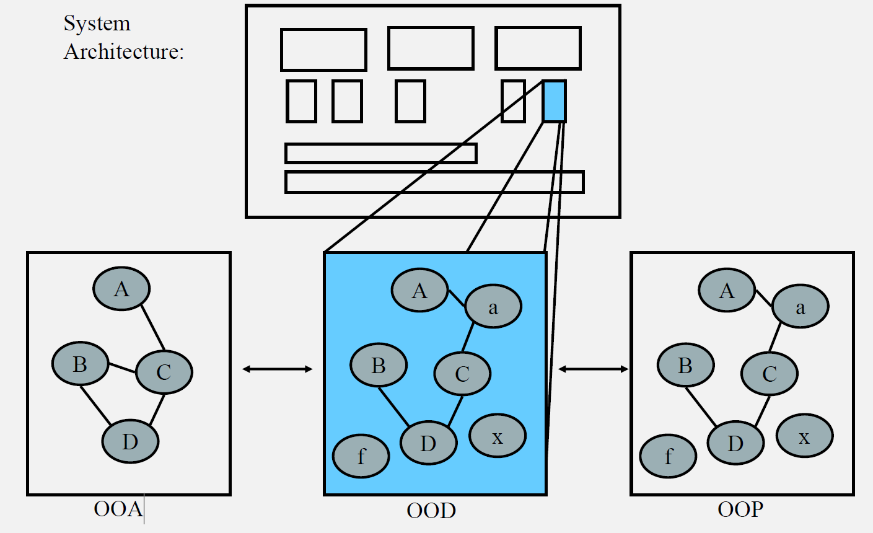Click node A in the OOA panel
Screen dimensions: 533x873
coord(121,289)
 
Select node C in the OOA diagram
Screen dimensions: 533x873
coord(164,372)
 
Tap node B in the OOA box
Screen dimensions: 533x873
coord(80,364)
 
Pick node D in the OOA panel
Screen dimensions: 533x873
coord(130,442)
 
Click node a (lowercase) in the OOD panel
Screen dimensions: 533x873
coord(493,307)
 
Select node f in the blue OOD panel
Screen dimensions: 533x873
coord(361,456)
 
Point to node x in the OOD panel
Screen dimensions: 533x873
coord(498,436)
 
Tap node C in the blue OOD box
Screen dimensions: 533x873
coord(462,374)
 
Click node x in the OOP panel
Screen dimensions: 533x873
coord(804,436)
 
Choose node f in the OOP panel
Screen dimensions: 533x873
coord(668,456)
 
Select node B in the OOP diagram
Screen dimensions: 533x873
coord(685,366)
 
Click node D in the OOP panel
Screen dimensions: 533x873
coord(735,443)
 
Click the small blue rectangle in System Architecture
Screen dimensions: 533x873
coord(554,101)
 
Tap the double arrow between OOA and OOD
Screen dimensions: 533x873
coord(277,369)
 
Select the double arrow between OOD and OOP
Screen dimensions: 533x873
coord(593,369)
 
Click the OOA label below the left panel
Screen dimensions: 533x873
coord(118,509)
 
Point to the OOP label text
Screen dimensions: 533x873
coord(740,509)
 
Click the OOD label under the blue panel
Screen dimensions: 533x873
coord(431,511)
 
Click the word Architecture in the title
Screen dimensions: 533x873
coord(124,51)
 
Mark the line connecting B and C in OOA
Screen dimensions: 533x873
coord(122,368)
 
